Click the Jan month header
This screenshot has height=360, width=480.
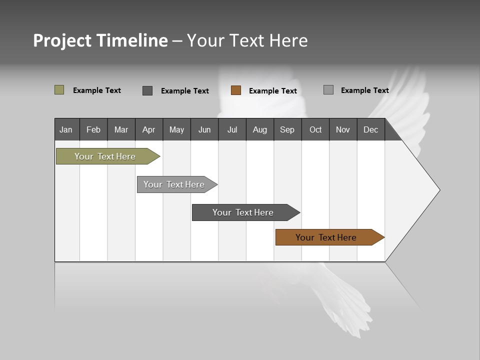[66, 129]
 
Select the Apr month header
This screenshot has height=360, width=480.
[149, 129]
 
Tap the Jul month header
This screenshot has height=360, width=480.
[232, 129]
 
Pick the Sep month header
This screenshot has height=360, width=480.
[287, 129]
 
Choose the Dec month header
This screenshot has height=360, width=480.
[370, 129]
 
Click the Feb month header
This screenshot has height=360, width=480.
[93, 129]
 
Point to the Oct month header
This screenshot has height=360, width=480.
[315, 129]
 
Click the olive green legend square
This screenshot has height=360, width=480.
[59, 90]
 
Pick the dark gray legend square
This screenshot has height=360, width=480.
[147, 90]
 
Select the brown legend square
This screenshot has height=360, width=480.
[236, 90]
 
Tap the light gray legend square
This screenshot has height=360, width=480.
[328, 90]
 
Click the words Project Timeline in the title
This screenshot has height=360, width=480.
[100, 40]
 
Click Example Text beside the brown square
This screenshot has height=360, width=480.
[273, 91]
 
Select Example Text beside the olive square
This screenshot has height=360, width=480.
[97, 90]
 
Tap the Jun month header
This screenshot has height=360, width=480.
[204, 129]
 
